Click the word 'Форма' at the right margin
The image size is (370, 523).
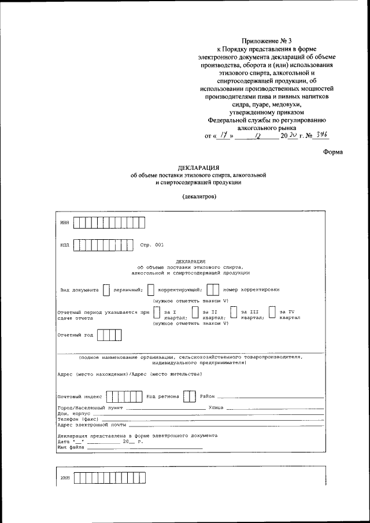(x=333, y=152)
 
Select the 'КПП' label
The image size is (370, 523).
(x=64, y=246)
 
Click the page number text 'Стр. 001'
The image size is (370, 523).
(x=151, y=246)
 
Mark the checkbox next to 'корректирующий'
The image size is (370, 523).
(x=151, y=289)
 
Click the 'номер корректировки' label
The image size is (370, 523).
(x=251, y=289)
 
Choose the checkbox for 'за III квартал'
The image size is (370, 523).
(x=234, y=313)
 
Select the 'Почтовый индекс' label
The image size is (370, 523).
(x=80, y=397)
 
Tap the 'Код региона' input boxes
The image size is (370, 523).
(x=189, y=397)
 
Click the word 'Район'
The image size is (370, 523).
(x=208, y=397)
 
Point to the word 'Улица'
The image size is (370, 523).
(x=216, y=408)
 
